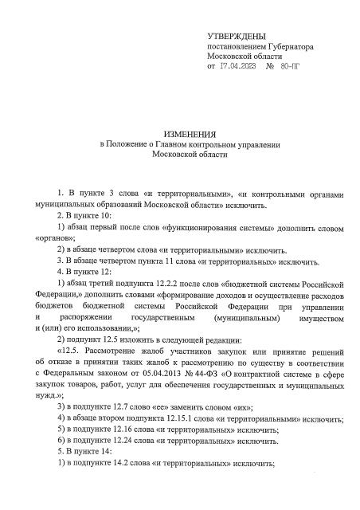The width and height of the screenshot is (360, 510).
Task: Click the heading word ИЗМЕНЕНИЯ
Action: click(x=179, y=133)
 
